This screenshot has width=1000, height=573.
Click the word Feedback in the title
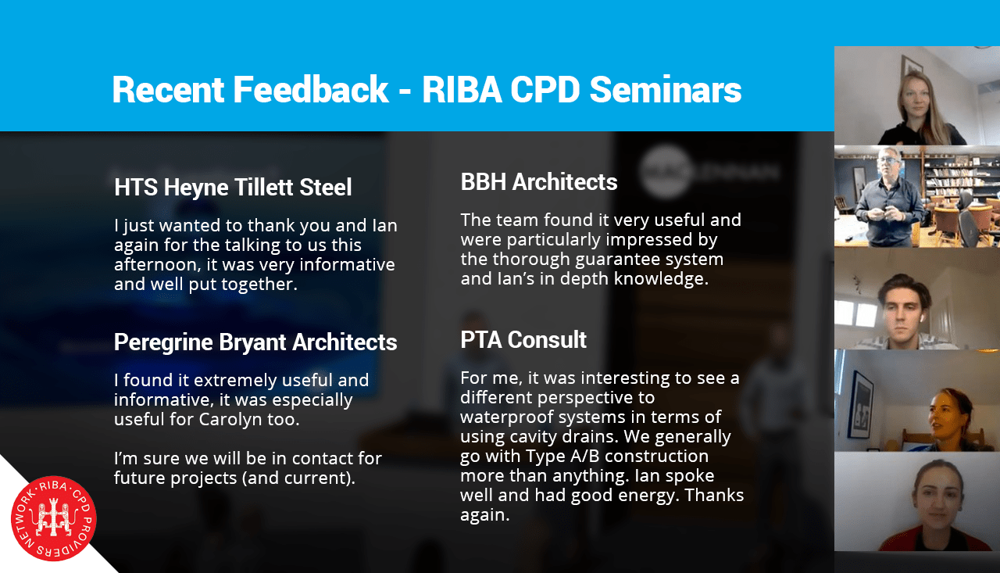click(311, 90)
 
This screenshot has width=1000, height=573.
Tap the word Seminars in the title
click(665, 90)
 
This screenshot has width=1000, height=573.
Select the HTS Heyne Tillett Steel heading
click(233, 187)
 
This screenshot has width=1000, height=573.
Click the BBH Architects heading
click(539, 182)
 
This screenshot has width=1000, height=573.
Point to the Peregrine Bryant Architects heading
click(255, 342)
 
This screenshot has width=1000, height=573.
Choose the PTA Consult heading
click(523, 340)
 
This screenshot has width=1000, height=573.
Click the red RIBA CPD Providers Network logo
click(54, 518)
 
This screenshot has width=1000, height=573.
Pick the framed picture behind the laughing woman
click(860, 406)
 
